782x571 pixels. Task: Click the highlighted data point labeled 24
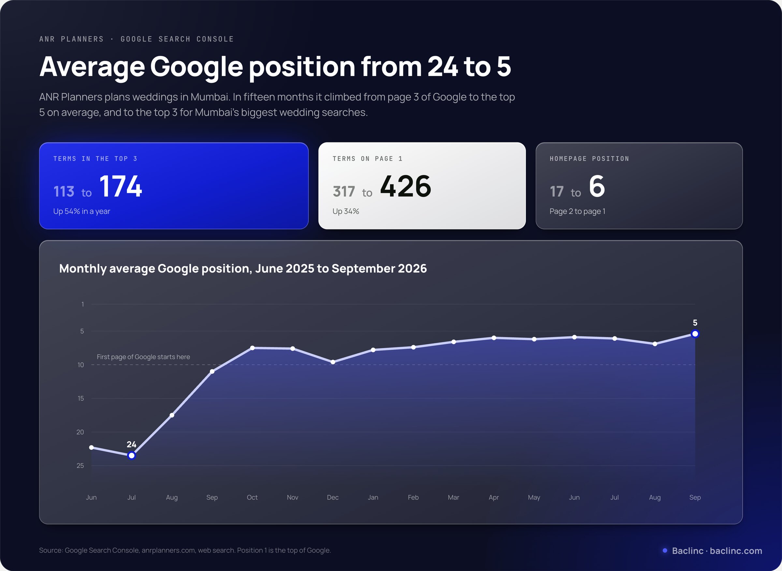131,456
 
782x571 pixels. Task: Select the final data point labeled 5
695,334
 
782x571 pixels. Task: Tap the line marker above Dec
333,362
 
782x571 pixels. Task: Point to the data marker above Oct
252,348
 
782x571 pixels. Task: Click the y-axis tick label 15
80,398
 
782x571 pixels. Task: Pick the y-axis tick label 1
82,304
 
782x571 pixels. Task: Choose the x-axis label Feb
413,497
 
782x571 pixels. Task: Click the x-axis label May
534,497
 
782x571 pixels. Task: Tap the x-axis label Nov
292,497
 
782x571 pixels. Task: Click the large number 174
121,186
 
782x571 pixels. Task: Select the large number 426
406,186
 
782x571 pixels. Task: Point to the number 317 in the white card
344,192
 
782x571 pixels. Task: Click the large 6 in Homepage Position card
597,186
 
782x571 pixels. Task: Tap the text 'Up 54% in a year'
81,211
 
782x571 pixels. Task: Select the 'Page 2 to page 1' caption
577,211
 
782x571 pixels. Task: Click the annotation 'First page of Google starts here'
143,357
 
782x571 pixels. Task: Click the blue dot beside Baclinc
665,550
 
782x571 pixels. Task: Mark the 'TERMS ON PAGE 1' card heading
367,159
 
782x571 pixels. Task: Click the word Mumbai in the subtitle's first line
210,97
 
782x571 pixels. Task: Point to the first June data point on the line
91,447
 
